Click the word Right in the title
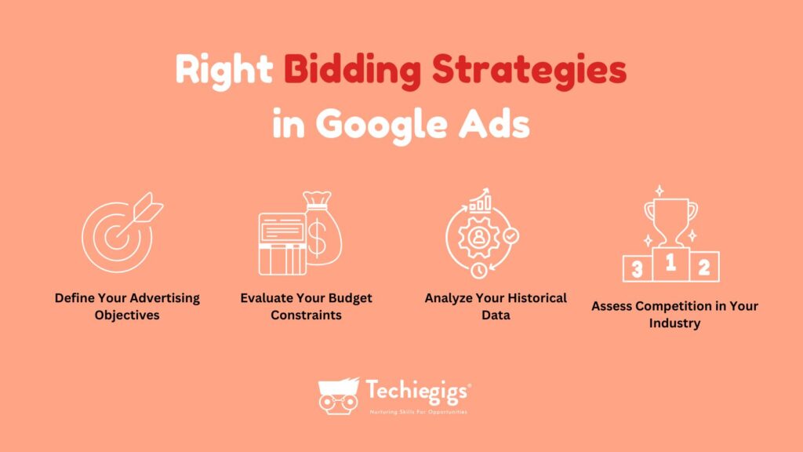[x=223, y=71]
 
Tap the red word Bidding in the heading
[x=352, y=71]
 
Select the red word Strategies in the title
[x=529, y=71]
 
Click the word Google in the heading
[x=382, y=125]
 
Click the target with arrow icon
[x=122, y=232]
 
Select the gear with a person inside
[x=478, y=237]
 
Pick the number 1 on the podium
[x=670, y=263]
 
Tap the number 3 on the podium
[x=637, y=269]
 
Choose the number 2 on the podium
[x=704, y=268]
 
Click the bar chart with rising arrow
[x=481, y=200]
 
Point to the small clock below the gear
[x=479, y=271]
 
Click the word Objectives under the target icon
[x=127, y=315]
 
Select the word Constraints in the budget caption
[x=307, y=315]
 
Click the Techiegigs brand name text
[x=417, y=392]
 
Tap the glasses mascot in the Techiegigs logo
[x=339, y=396]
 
